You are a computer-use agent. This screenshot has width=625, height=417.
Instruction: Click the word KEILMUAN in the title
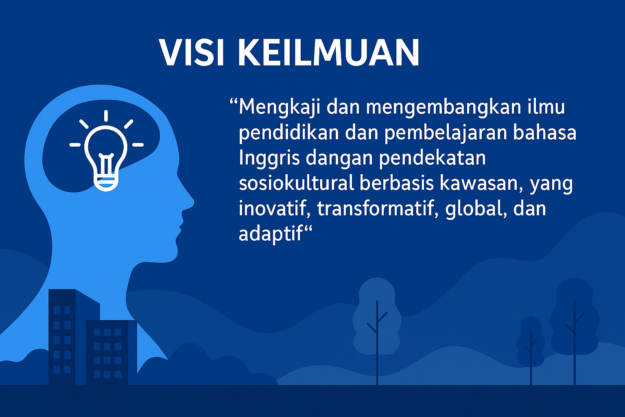[329, 53]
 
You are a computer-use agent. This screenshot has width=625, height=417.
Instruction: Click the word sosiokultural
[296, 183]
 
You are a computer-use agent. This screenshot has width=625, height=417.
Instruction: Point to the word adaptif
[271, 234]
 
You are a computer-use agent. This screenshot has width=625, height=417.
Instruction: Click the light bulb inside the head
[106, 158]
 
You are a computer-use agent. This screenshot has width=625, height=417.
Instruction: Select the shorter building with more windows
[111, 353]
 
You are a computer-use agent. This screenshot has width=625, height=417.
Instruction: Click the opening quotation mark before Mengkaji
[234, 101]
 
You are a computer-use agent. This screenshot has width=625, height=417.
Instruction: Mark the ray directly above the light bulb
[106, 116]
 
